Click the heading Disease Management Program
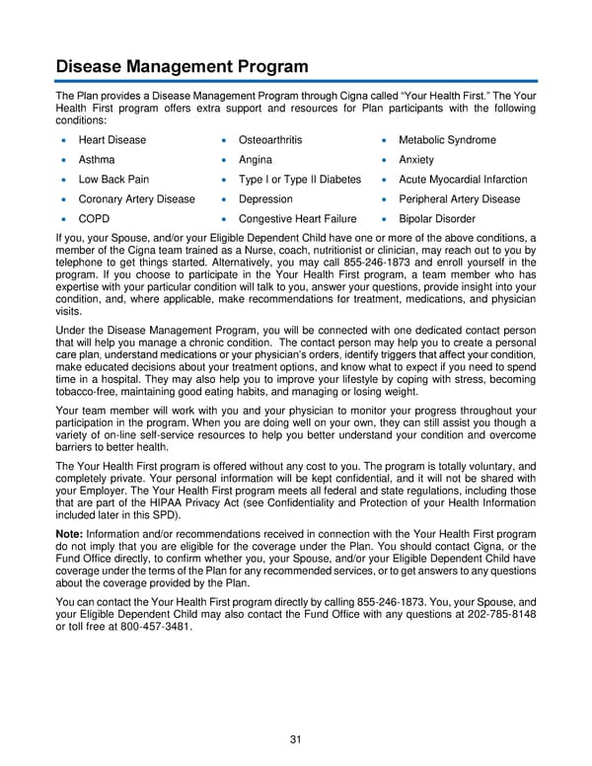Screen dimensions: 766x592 tap(182, 67)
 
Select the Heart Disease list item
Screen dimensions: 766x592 tap(111, 140)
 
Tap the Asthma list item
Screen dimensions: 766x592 tap(97, 160)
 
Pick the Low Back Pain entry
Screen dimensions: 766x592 tap(113, 180)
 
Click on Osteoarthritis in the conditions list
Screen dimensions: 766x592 tap(270, 140)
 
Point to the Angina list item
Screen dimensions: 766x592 tap(256, 160)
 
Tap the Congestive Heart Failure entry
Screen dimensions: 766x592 tap(297, 219)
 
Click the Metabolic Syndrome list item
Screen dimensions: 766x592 tap(447, 140)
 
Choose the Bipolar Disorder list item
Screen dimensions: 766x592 tap(436, 219)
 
